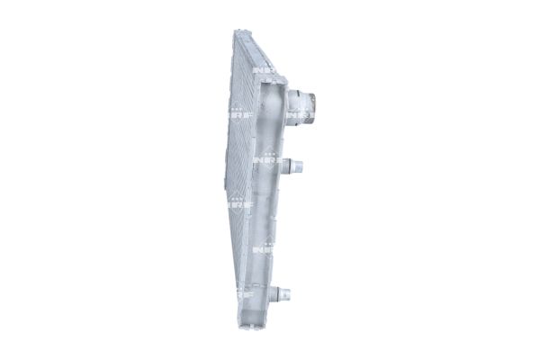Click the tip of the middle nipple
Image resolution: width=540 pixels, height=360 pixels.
pos(303,165)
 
